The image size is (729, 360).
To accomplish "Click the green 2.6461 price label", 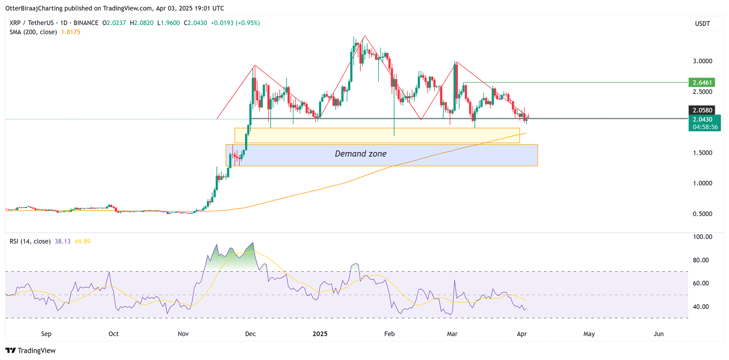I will [702, 82].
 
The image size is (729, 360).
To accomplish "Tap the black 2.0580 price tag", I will [702, 110].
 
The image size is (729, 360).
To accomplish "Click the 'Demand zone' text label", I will [360, 154].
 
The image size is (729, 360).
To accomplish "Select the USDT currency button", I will [702, 24].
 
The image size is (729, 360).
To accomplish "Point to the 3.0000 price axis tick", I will [702, 61].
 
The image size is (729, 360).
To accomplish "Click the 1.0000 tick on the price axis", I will [702, 183].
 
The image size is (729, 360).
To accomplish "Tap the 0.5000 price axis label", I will [702, 214].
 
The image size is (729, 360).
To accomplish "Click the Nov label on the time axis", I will [183, 334].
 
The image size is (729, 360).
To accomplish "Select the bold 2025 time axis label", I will [320, 334].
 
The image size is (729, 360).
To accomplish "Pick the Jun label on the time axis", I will [658, 334].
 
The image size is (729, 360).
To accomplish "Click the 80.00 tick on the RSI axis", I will [702, 260].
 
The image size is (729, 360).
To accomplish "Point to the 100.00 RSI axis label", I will [702, 237].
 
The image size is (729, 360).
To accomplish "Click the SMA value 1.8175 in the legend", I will [71, 32].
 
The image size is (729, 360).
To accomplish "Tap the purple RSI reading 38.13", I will [62, 242].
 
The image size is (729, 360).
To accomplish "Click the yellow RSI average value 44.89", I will [82, 242].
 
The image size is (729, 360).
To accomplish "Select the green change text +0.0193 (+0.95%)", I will [235, 23].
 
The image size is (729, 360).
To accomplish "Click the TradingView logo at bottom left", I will [31, 350].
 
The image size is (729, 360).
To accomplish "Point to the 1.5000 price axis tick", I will [702, 153].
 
